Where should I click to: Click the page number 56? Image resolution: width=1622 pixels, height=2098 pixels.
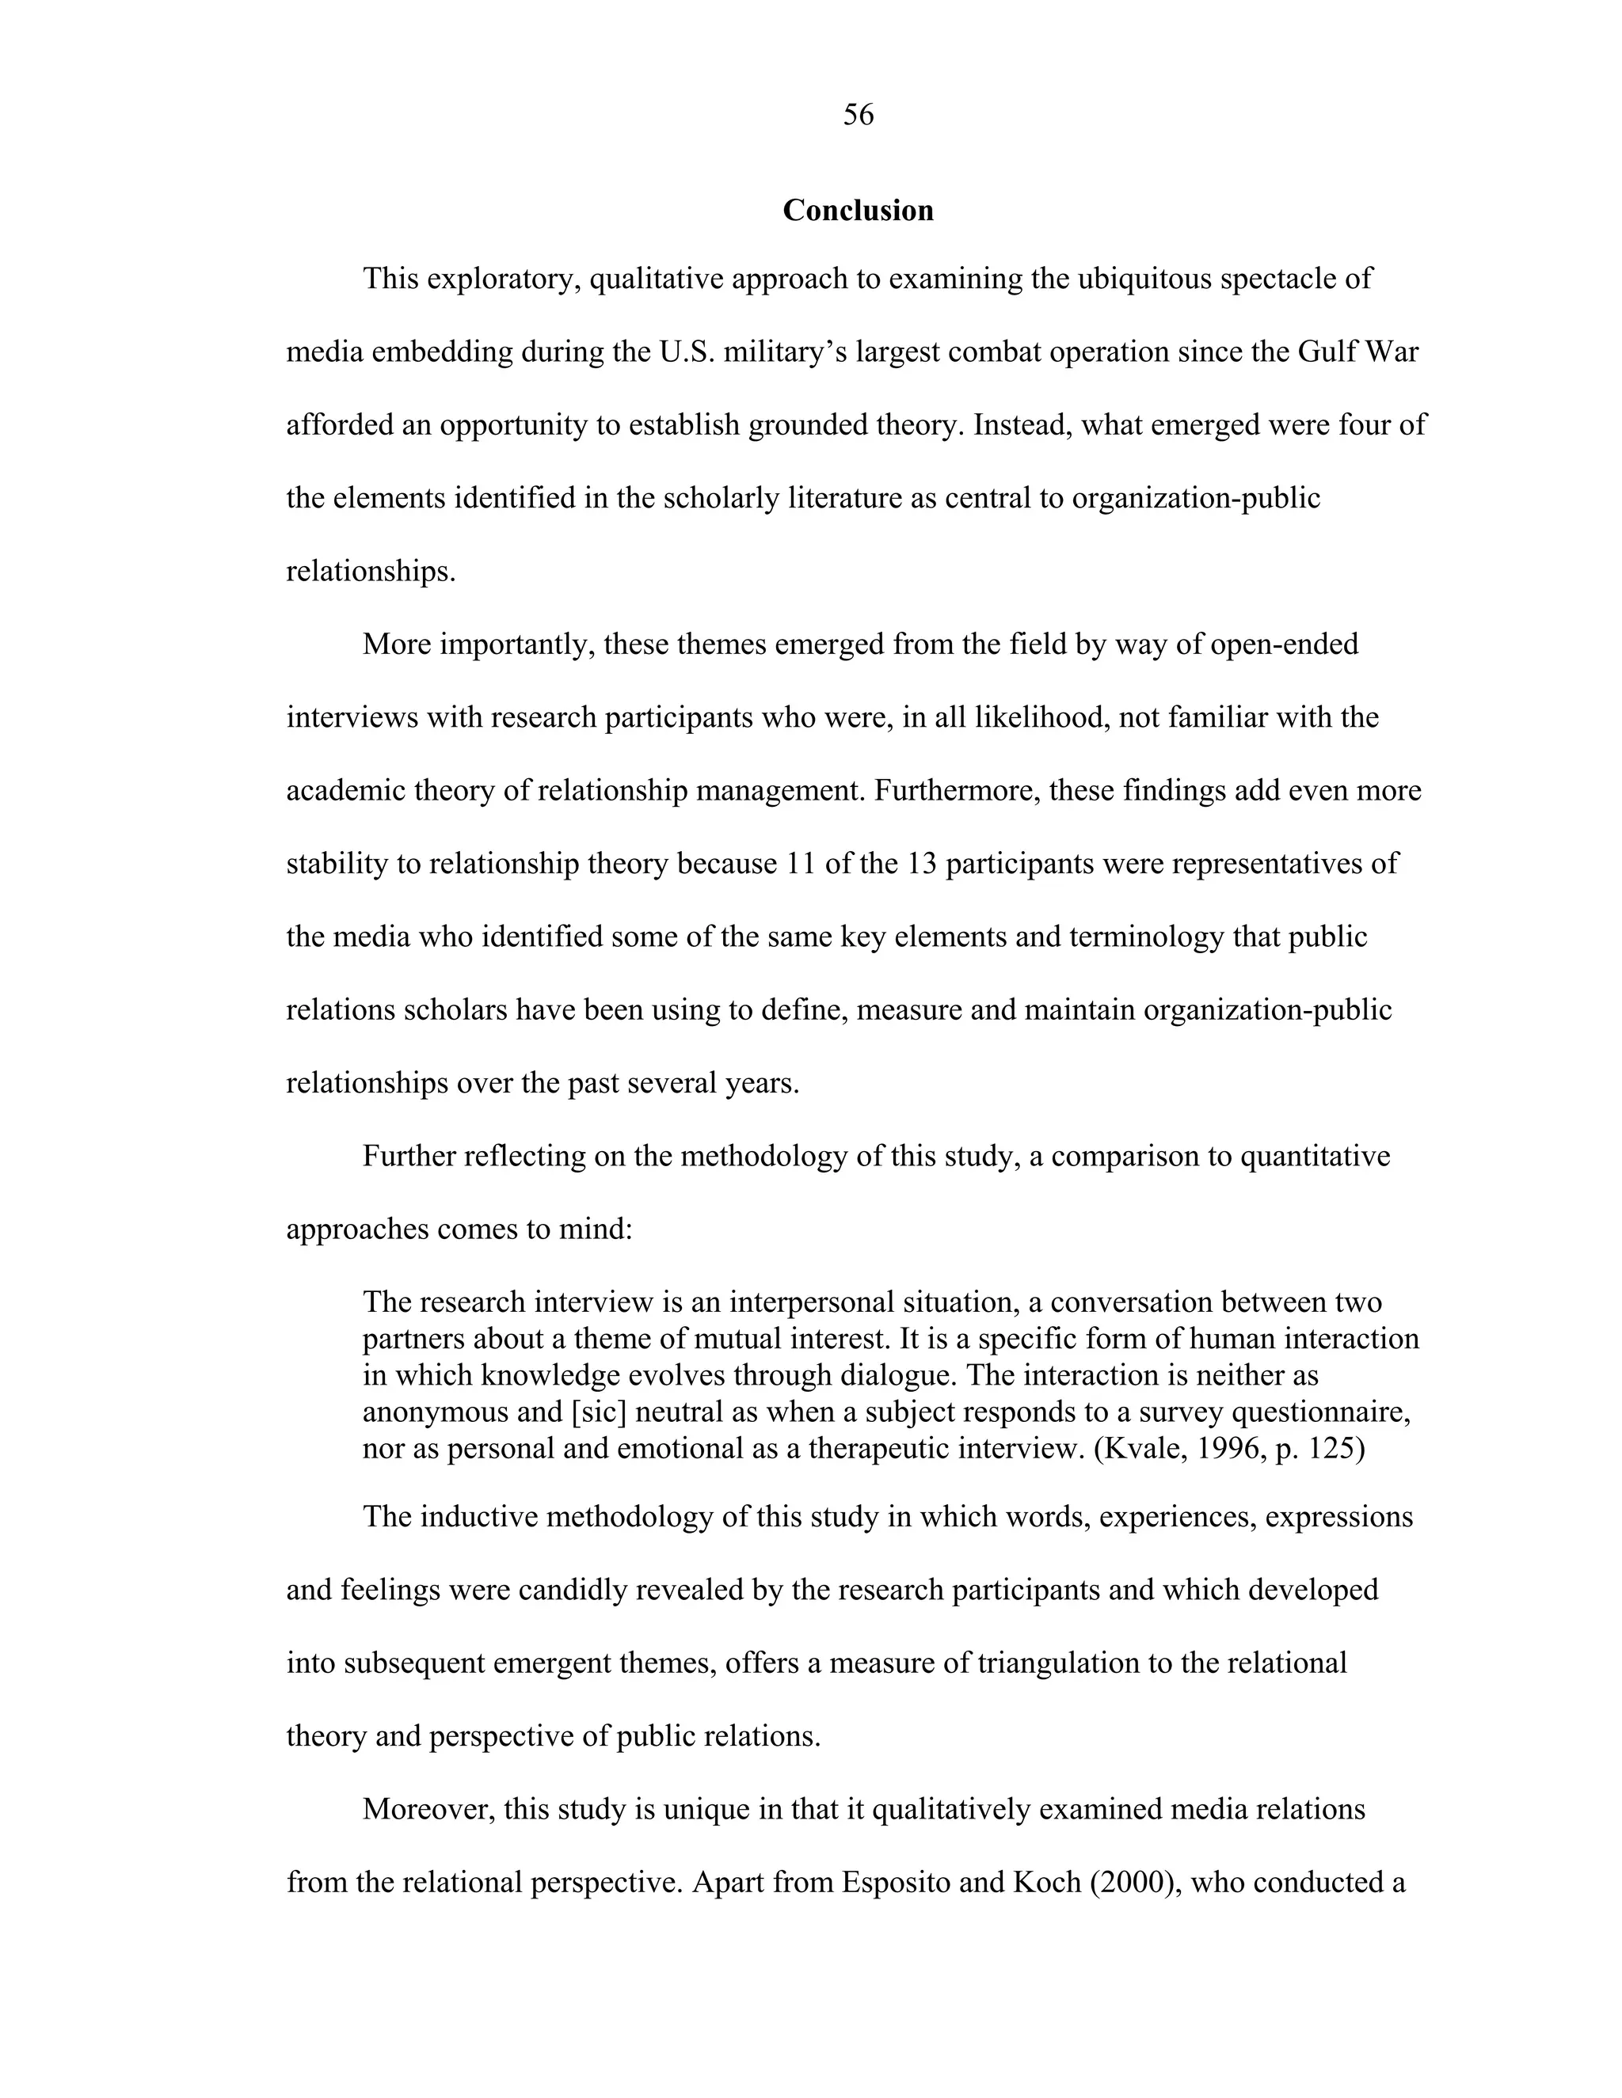click(x=858, y=116)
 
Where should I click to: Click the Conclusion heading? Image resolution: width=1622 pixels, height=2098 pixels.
click(x=858, y=211)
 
